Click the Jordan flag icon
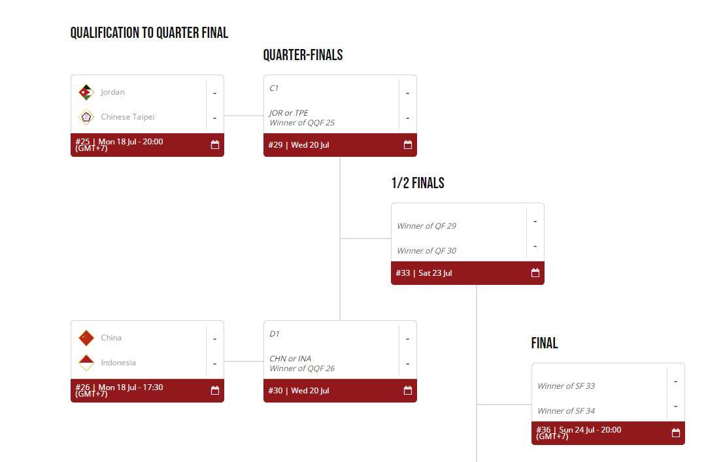pos(86,92)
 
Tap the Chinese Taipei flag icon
pos(86,117)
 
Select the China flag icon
pos(86,338)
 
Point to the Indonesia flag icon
pos(86,363)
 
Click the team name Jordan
pos(112,92)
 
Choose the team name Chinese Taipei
pos(127,117)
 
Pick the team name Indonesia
pos(118,363)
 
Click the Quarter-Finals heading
pos(303,55)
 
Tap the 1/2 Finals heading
pos(418,183)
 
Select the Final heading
pos(545,343)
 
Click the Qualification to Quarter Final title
pos(149,33)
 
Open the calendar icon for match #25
pos(215,145)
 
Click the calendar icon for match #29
pos(408,145)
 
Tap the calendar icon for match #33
pos(535,273)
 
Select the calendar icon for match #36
pos(676,433)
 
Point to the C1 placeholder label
pos(274,88)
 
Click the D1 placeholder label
pos(274,334)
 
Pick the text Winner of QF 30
pos(426,251)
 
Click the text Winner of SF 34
pos(566,411)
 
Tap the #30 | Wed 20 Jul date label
pos(299,391)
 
